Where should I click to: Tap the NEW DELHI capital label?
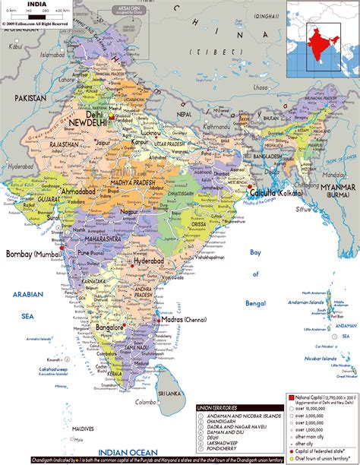[89, 122]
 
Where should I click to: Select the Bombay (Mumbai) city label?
[33, 254]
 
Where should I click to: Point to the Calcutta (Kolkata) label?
[278, 192]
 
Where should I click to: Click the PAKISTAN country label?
[29, 98]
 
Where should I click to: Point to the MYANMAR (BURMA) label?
[337, 190]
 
